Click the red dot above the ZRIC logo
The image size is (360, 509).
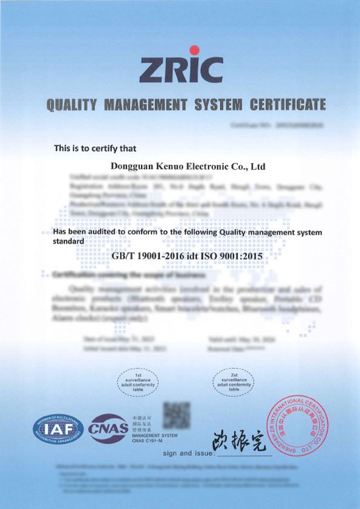point(194,50)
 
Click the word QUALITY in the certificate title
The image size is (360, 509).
point(71,105)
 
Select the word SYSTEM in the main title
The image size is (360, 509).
point(215,105)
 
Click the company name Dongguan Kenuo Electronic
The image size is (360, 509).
point(189,165)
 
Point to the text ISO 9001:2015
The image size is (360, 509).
point(233,256)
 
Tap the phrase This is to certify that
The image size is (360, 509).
point(95,148)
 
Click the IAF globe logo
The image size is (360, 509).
point(58,431)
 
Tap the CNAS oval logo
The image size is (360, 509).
point(108,429)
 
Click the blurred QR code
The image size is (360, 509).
point(177,417)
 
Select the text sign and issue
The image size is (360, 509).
point(189,453)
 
